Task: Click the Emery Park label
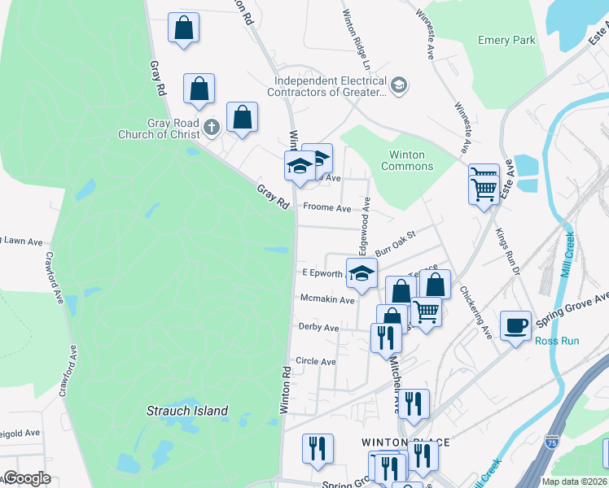click(x=506, y=40)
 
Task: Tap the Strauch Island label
click(x=187, y=411)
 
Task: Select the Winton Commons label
click(x=406, y=160)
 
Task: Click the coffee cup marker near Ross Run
click(x=515, y=327)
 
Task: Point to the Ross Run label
click(x=557, y=341)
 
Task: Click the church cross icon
click(x=211, y=126)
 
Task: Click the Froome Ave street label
click(x=326, y=207)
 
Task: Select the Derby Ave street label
click(x=318, y=328)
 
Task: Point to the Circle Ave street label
click(x=316, y=361)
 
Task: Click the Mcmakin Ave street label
click(x=327, y=299)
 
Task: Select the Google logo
click(x=27, y=478)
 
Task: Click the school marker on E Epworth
click(x=361, y=273)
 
